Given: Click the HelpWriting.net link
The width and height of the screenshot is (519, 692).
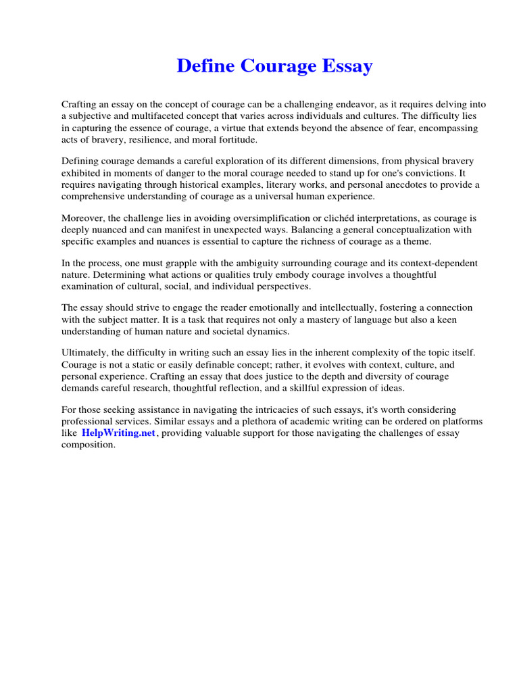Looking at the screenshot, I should pos(118,433).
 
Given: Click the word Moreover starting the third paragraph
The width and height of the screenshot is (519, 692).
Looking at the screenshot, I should pos(82,218).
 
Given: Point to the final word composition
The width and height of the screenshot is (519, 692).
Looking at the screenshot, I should pos(88,445).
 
